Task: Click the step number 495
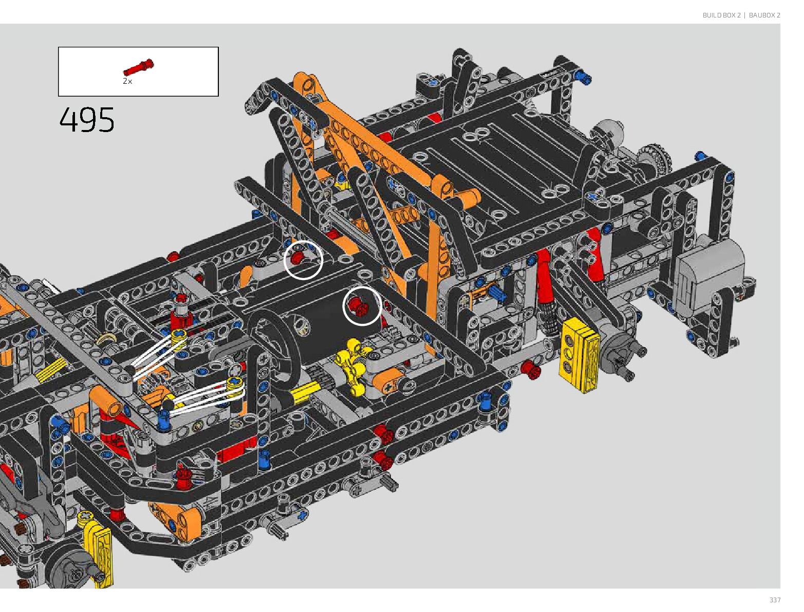pyautogui.click(x=87, y=120)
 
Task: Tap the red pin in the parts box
pyautogui.click(x=138, y=68)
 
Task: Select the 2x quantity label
pyautogui.click(x=127, y=81)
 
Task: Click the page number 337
pyautogui.click(x=775, y=600)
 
